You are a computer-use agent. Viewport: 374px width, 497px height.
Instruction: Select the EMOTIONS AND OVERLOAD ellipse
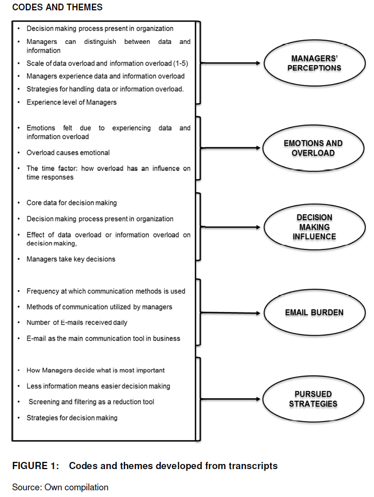(313, 148)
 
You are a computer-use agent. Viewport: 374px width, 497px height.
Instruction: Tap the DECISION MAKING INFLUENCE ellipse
(313, 227)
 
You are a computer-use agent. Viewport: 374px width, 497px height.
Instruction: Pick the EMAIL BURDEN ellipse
(314, 313)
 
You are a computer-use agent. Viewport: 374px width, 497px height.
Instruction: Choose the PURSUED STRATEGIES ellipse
(313, 399)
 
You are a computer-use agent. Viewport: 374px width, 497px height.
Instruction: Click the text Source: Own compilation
(60, 487)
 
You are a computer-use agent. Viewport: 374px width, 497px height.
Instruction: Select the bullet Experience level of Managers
(71, 102)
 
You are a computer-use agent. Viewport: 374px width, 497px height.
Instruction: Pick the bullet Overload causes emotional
(68, 153)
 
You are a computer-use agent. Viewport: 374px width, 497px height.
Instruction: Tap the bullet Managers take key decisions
(71, 259)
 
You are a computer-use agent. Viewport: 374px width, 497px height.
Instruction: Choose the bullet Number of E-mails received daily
(76, 323)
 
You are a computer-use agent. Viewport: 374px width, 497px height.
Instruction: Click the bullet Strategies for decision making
(72, 417)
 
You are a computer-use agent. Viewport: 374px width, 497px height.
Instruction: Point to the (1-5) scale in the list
(175, 64)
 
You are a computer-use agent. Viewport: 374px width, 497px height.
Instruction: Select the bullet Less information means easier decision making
(98, 386)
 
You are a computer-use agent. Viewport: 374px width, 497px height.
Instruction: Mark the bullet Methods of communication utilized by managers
(99, 307)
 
